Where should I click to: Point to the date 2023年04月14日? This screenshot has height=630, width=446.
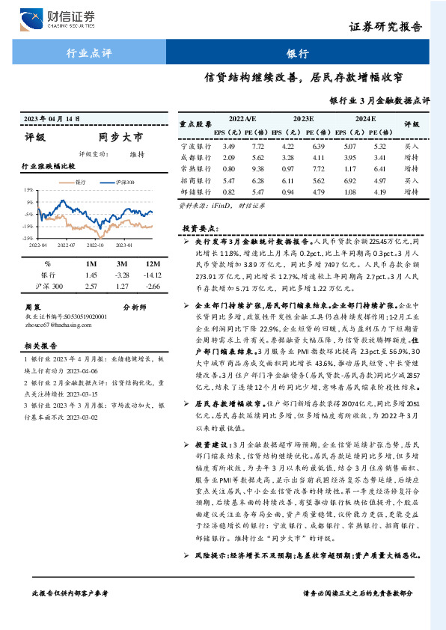click(x=52, y=118)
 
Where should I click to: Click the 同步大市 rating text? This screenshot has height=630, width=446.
click(x=120, y=137)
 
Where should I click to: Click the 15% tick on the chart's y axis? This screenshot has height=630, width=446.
click(x=28, y=190)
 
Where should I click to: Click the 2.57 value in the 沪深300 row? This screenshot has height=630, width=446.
click(x=92, y=286)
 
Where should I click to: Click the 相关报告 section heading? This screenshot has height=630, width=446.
click(x=37, y=346)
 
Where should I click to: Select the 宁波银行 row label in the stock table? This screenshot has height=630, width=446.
click(x=192, y=146)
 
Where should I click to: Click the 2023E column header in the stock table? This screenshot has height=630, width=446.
click(x=303, y=119)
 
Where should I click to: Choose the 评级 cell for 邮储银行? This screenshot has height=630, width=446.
click(x=411, y=192)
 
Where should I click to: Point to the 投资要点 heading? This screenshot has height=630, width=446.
click(x=200, y=227)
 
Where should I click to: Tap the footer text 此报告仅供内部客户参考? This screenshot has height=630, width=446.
click(x=70, y=613)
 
